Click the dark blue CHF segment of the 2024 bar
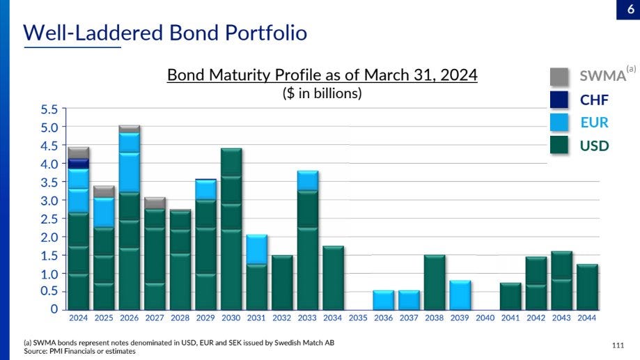(78, 164)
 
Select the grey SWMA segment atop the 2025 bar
(104, 191)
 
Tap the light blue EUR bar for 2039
(460, 295)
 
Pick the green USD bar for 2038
(435, 282)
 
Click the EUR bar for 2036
(384, 300)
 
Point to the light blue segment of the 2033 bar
(307, 180)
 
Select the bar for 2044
(587, 287)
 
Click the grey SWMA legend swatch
(559, 77)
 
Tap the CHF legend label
(594, 100)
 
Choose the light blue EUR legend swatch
(559, 123)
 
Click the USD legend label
(594, 146)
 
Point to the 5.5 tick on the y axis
(50, 110)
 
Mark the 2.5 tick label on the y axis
(50, 219)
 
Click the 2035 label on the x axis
(358, 318)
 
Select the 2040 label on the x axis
(485, 318)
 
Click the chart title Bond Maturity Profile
(322, 75)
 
